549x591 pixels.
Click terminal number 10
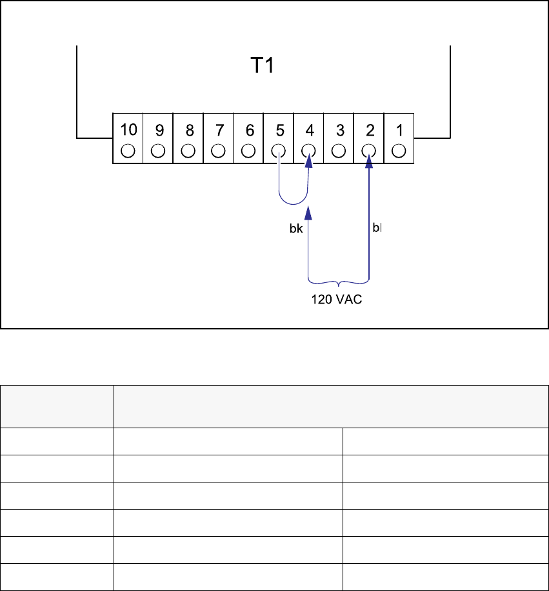[128, 130]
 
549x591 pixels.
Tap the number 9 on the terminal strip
[159, 130]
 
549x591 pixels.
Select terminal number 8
[189, 130]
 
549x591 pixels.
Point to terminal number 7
[219, 130]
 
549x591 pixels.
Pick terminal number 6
[249, 130]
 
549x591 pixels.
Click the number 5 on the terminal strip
[279, 130]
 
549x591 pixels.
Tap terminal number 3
[339, 130]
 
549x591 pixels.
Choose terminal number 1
[399, 130]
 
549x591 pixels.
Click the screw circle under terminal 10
[128, 151]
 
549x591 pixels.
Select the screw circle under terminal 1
[399, 151]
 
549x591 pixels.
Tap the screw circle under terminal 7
[219, 151]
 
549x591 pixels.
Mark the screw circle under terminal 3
[339, 151]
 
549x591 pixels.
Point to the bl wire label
[377, 228]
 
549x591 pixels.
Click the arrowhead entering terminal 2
[370, 164]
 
